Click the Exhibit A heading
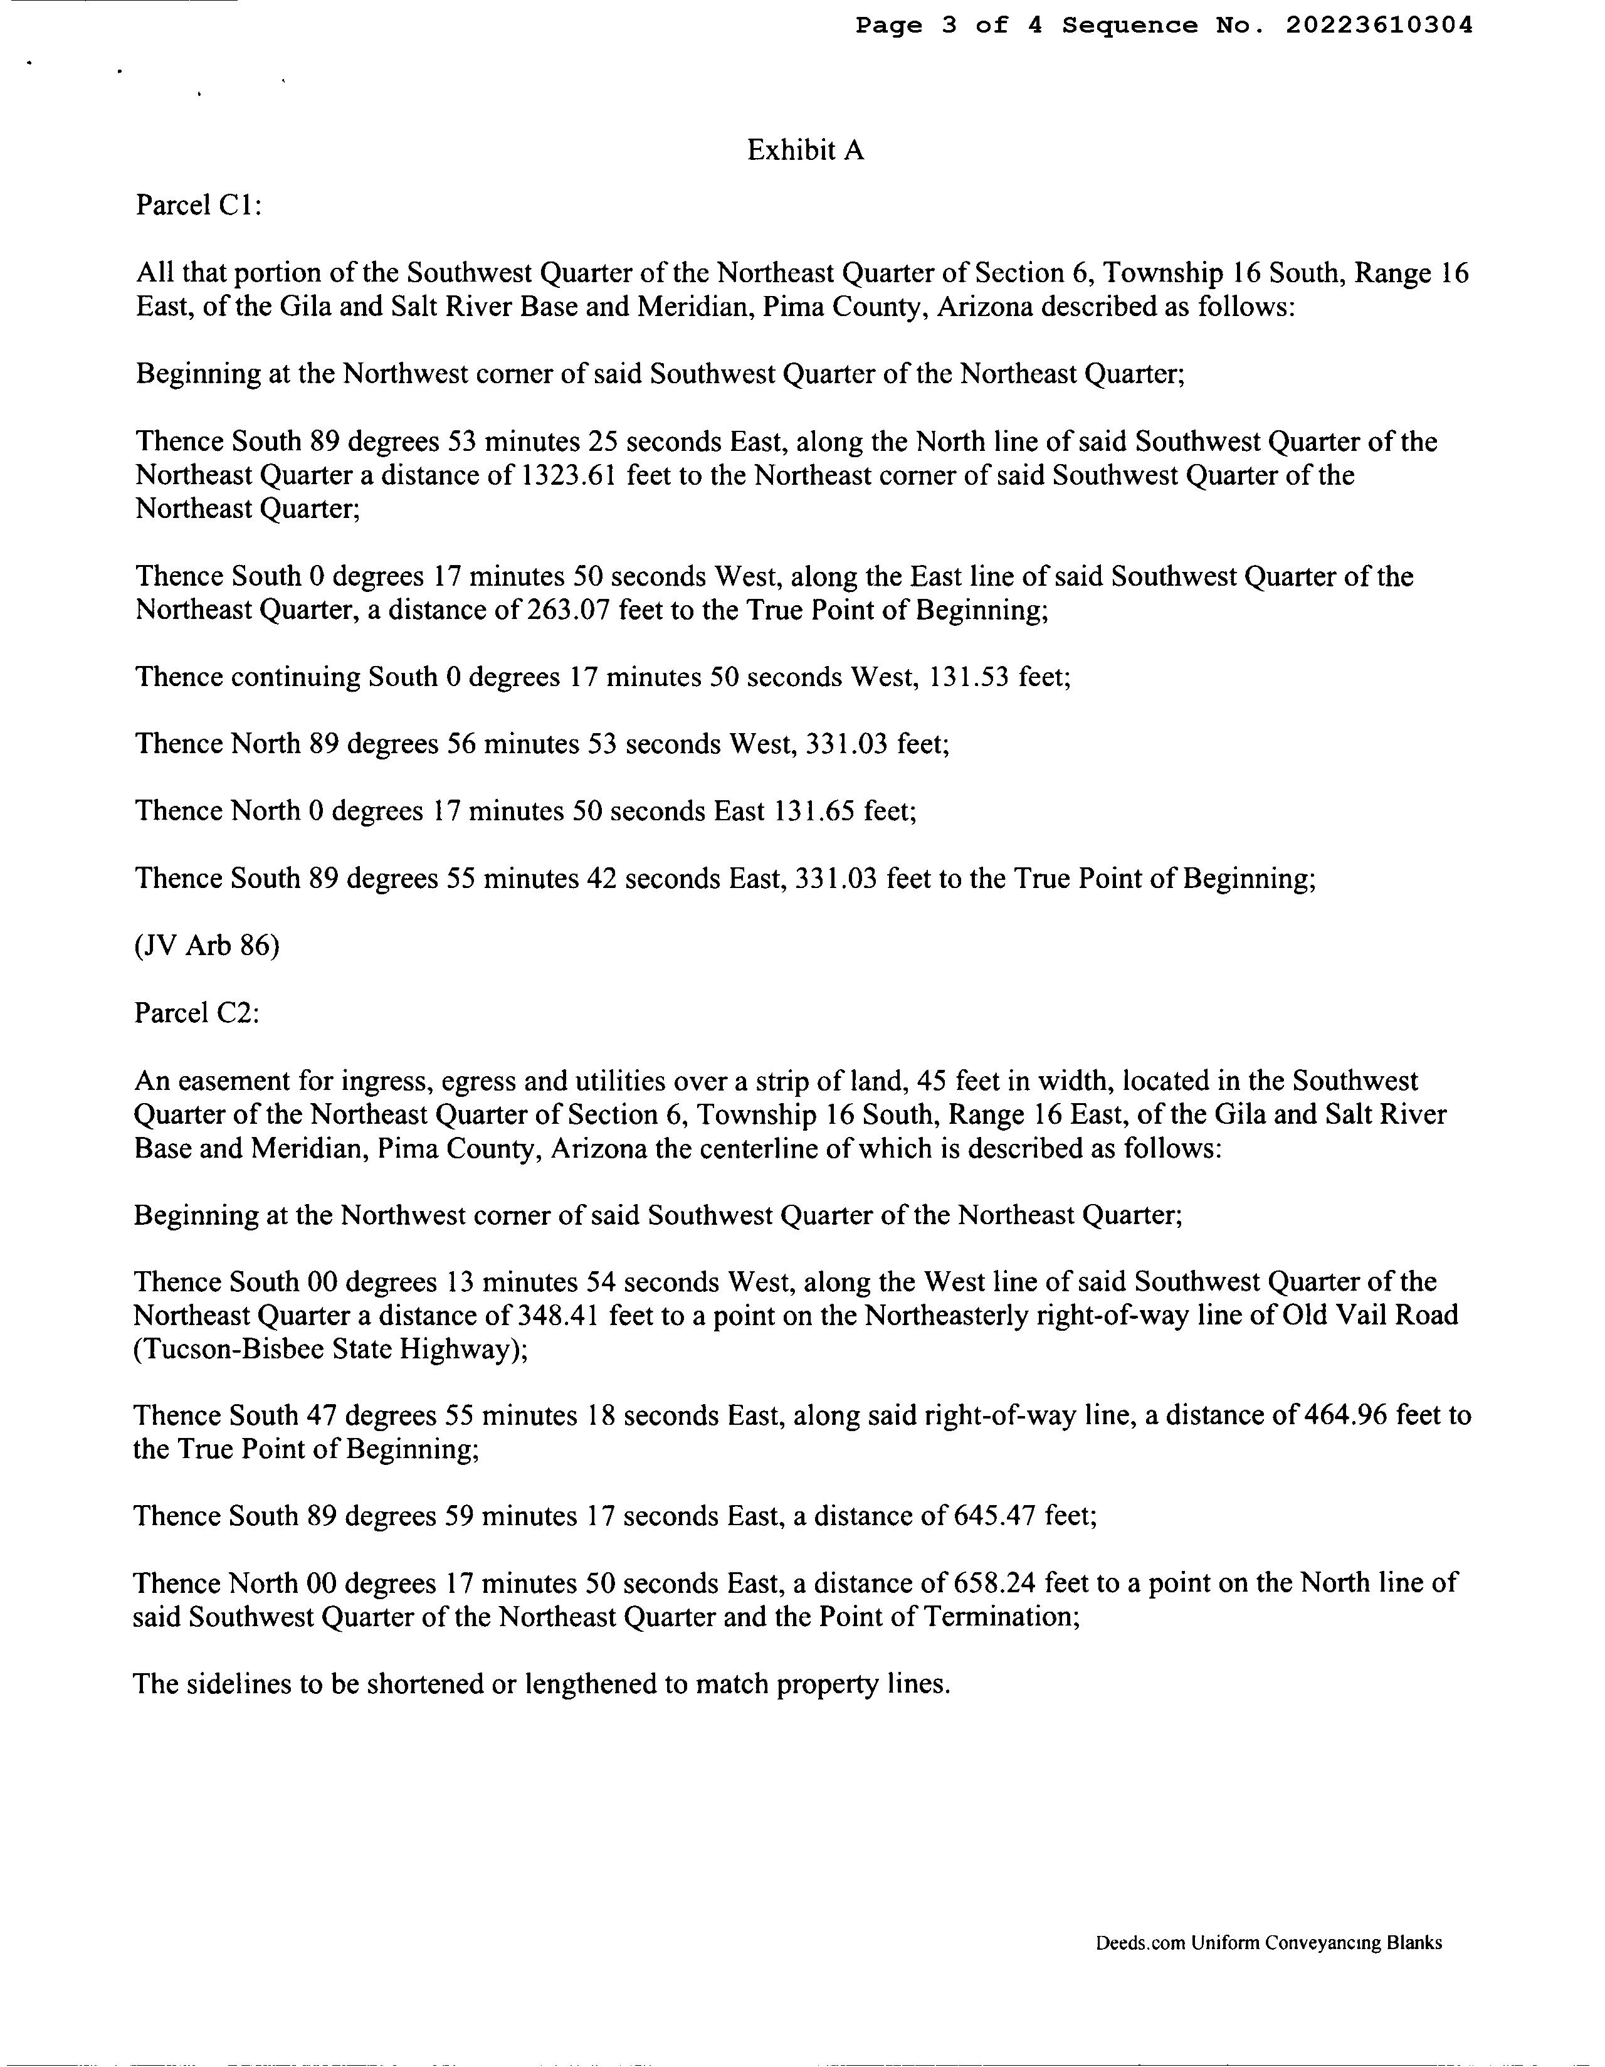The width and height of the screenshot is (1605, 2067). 806,151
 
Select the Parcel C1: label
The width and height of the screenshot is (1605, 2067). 197,205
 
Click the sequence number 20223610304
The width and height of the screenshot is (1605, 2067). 1379,26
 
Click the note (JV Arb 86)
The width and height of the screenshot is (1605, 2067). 208,946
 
